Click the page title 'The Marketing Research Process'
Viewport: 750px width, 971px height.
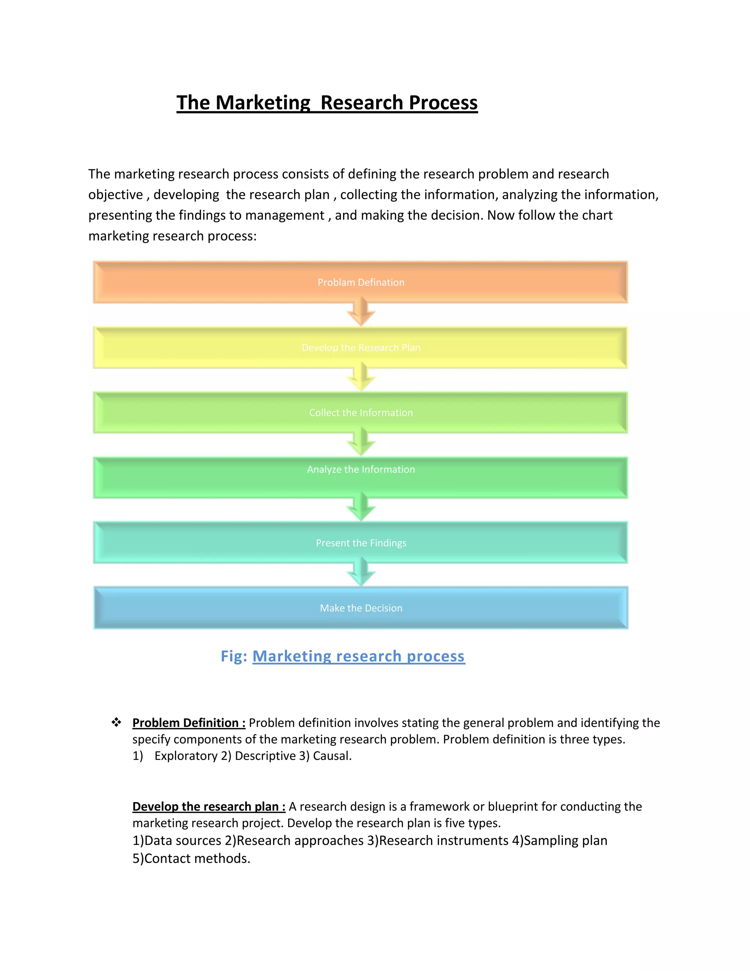(x=327, y=103)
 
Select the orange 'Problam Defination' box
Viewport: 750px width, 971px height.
(x=361, y=282)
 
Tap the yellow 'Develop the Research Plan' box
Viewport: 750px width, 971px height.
(x=361, y=347)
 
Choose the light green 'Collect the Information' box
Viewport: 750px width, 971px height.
(x=361, y=413)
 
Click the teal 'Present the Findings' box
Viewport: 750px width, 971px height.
(x=361, y=542)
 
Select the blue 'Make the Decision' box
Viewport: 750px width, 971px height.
(x=361, y=608)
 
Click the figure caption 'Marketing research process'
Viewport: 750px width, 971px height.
(x=359, y=656)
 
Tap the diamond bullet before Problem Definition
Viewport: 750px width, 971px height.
(x=116, y=723)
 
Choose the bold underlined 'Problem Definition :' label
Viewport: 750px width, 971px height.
(x=189, y=723)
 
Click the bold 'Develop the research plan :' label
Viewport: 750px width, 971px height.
(x=209, y=806)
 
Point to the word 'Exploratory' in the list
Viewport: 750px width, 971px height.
(x=186, y=756)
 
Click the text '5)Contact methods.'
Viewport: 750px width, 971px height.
(x=192, y=858)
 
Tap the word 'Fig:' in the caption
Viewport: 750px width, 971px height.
(x=234, y=656)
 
